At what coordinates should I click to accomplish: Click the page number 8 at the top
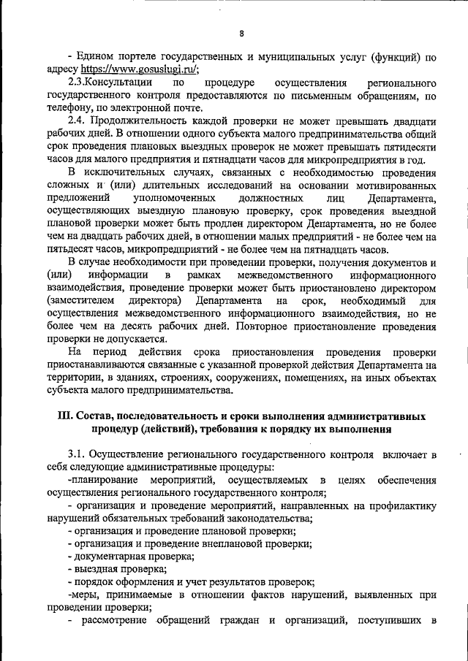click(241, 32)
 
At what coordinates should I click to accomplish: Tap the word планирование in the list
click(104, 481)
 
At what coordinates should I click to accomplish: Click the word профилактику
click(404, 506)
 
